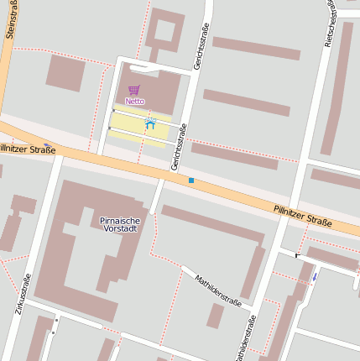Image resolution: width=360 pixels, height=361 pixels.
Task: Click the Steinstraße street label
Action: (10, 19)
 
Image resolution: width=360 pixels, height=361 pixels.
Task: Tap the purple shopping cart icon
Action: (134, 90)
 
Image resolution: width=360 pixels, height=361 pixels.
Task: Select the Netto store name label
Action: (134, 101)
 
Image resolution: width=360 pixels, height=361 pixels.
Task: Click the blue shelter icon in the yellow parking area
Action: (151, 124)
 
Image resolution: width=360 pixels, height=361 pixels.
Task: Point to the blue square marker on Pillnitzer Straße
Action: (191, 180)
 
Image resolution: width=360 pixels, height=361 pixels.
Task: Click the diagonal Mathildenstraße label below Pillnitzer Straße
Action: (217, 290)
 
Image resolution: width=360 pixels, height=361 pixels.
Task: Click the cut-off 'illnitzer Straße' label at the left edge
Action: (28, 149)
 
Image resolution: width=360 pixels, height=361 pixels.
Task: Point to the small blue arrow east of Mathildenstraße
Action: (315, 276)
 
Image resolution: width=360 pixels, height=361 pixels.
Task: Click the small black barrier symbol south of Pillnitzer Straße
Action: (297, 254)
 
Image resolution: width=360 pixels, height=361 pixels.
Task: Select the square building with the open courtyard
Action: (164, 33)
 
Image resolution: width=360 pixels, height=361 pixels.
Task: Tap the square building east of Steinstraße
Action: (65, 72)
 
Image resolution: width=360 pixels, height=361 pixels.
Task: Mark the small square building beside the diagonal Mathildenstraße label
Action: (216, 316)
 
